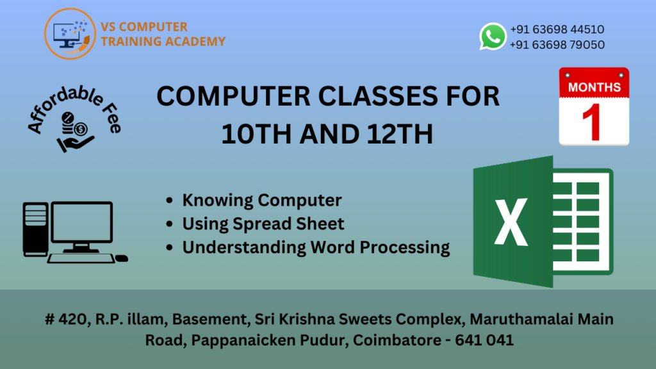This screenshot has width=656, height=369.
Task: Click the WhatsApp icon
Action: tap(493, 37)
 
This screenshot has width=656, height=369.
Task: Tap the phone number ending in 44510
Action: tap(557, 29)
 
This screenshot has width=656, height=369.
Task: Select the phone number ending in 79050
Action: tap(557, 45)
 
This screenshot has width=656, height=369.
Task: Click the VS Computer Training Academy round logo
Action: tap(70, 35)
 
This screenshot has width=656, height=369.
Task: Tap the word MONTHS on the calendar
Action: tap(594, 86)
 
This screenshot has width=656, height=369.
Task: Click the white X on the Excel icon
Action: tap(511, 222)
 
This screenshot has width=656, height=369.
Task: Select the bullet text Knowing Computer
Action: tap(261, 200)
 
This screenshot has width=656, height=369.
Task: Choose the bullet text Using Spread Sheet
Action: tap(263, 224)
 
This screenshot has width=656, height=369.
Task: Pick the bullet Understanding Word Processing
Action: tap(316, 247)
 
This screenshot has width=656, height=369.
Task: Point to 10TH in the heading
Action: tap(251, 134)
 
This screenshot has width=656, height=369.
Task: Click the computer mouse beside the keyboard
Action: tap(122, 258)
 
